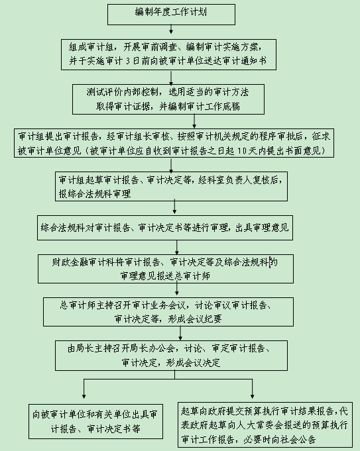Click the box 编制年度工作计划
(x=171, y=15)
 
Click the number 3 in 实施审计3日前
(x=128, y=61)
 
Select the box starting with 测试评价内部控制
(x=168, y=99)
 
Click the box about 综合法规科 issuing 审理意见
(x=165, y=228)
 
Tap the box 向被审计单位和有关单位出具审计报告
(x=95, y=421)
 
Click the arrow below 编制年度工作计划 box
(x=171, y=29)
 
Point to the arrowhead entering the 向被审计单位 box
(x=84, y=396)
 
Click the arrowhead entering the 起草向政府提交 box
(x=253, y=396)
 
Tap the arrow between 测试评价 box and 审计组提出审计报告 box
(x=194, y=121)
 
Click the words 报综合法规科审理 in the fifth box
(x=95, y=194)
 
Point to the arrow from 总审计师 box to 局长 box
(x=180, y=333)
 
